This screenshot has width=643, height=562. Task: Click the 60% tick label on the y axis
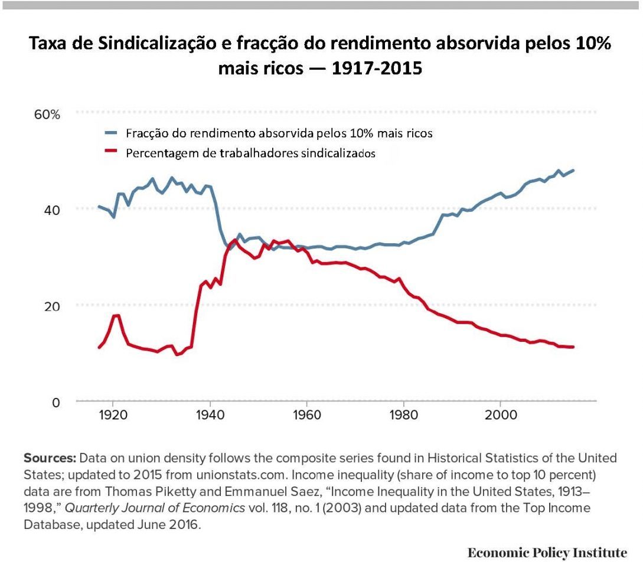pos(47,115)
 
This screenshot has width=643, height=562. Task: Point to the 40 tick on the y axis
pos(53,210)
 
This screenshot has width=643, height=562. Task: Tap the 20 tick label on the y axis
pos(53,306)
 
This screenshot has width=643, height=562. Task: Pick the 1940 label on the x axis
pos(210,414)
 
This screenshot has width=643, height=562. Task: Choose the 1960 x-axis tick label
pos(306,414)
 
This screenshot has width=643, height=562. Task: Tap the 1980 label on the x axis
pos(403,414)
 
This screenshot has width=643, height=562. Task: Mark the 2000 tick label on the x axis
pos(501,414)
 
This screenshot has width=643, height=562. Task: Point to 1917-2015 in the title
pos(376,68)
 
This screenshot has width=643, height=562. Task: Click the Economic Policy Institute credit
pos(547,553)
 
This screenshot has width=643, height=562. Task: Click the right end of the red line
pos(573,347)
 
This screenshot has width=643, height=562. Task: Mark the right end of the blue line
pos(573,170)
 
